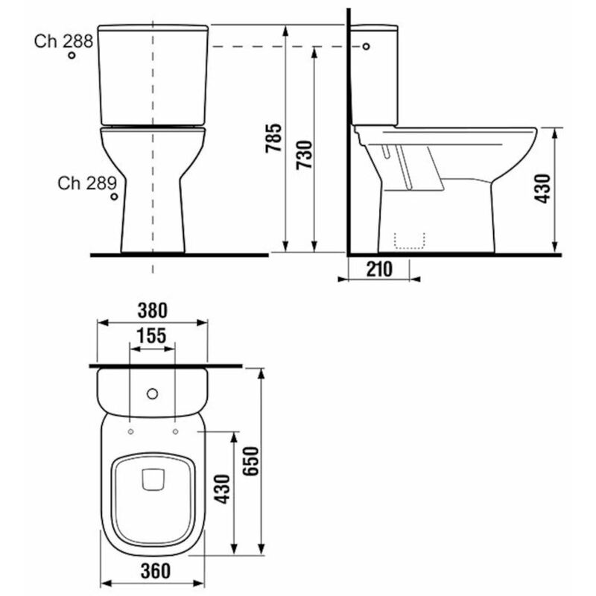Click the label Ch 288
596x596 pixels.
coord(63,41)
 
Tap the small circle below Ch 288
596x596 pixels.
coord(72,56)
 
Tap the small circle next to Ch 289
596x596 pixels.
coord(113,197)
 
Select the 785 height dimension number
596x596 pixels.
coord(273,139)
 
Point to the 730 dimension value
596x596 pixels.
coord(303,155)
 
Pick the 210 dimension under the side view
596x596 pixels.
coord(378,269)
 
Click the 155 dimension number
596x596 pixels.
coord(152,335)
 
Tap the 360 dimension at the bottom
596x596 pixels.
coord(153,570)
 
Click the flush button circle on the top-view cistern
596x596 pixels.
coord(153,393)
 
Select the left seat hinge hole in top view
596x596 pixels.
coord(130,431)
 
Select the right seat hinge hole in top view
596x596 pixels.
coord(175,431)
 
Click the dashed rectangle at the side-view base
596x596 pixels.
coord(409,239)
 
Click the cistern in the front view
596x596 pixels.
coord(153,74)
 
